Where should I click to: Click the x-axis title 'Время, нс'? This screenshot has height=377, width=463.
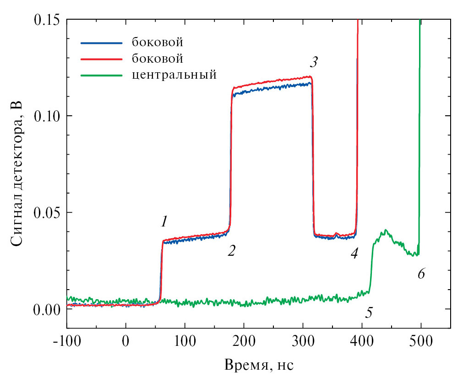pos(259,365)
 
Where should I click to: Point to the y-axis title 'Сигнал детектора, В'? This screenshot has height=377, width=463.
pos(17,174)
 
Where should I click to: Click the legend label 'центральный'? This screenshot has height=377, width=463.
pos(174,75)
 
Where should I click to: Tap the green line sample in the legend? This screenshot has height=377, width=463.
pos(102,75)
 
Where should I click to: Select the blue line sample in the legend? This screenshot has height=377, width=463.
pos(102,43)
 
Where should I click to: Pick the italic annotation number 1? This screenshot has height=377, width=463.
pos(164,222)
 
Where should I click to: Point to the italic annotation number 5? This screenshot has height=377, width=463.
pos(369,313)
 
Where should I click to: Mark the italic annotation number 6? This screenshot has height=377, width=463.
pos(421,274)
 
